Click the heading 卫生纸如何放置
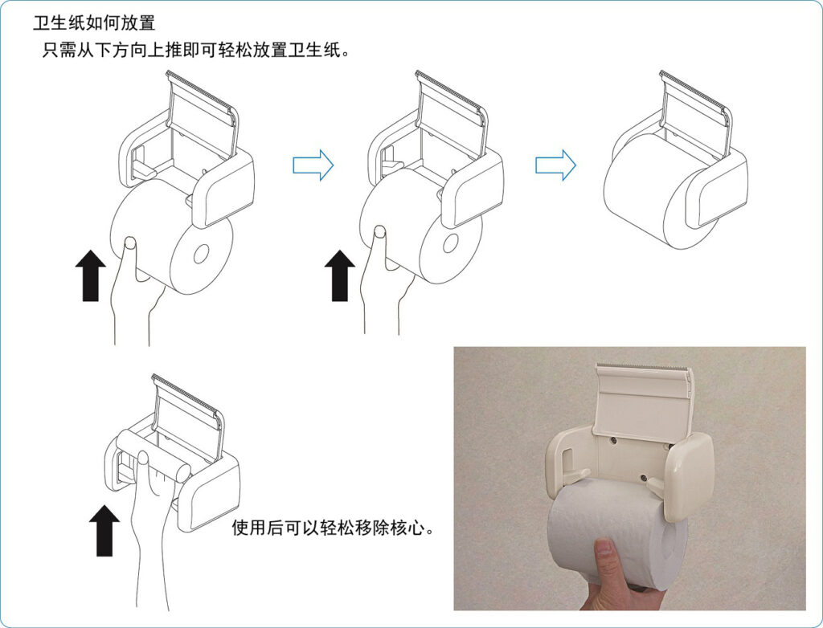point(94,23)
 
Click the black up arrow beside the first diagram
point(91,275)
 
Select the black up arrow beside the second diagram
point(340,275)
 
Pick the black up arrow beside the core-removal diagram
point(104,530)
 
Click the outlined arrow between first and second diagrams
point(313,165)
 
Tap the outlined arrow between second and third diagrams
point(556,165)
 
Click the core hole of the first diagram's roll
point(201,255)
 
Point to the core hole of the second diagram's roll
point(449,243)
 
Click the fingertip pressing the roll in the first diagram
point(129,243)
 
